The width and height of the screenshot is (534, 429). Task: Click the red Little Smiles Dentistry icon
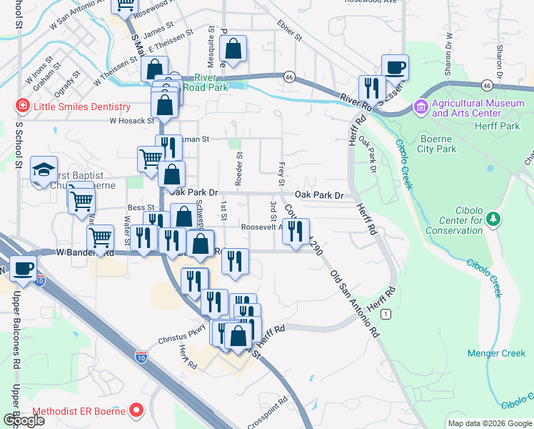[21, 107]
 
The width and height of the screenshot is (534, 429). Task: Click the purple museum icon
[421, 108]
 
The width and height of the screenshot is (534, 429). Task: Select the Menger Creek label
[496, 352]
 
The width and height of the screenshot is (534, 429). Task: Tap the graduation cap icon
[44, 169]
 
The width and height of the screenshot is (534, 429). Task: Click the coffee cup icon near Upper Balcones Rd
[23, 269]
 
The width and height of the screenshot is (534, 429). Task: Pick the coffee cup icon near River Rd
[395, 67]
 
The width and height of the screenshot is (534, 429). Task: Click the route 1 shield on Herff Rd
[386, 314]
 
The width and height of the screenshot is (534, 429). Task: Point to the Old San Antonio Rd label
[353, 303]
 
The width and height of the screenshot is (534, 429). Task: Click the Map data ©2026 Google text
[490, 423]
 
